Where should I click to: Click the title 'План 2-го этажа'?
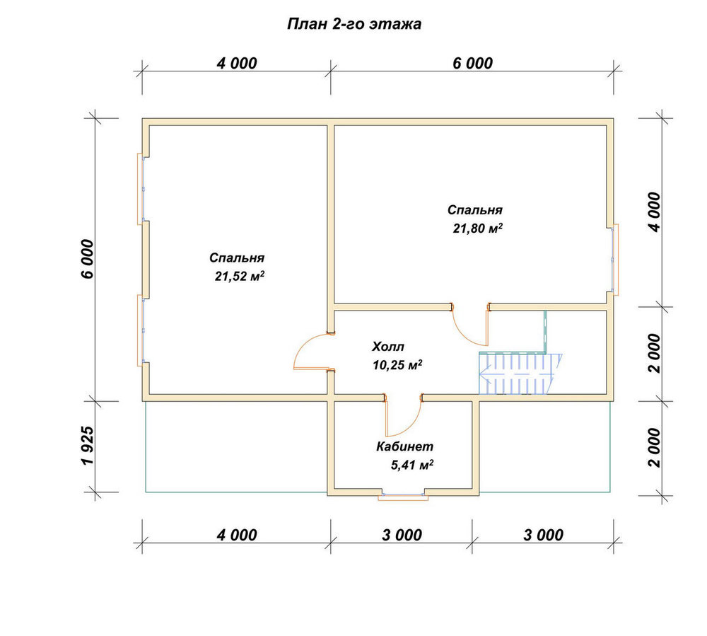[x=354, y=24]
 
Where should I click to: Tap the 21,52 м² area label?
[x=240, y=276]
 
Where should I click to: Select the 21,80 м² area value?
[x=477, y=229]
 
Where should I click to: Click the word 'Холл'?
[x=387, y=347]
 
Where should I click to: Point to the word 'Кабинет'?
[x=405, y=446]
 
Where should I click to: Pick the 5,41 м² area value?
[x=412, y=465]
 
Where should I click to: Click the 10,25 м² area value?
[x=397, y=365]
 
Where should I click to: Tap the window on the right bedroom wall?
[x=614, y=259]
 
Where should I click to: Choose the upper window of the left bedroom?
[x=141, y=189]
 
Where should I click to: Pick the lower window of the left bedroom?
[x=141, y=330]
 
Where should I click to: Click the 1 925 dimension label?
[x=88, y=446]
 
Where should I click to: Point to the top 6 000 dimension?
[x=472, y=63]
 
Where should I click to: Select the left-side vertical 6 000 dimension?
[x=88, y=259]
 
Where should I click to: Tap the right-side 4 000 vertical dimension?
[x=653, y=212]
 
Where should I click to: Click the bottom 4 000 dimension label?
[x=237, y=535]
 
